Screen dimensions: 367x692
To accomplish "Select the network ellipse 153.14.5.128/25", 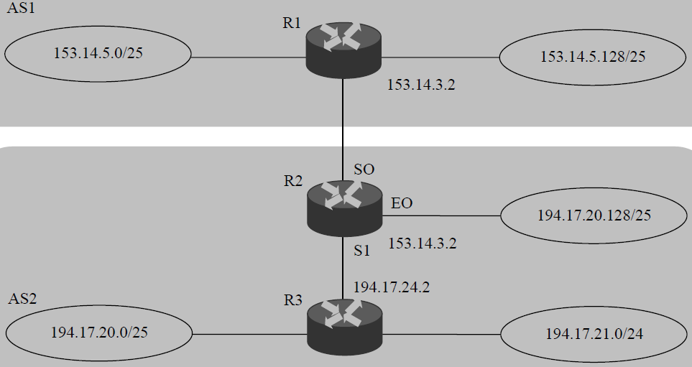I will click(592, 57).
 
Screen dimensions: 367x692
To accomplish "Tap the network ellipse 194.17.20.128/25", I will click(594, 215).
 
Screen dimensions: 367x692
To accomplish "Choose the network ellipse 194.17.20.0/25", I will click(98, 332).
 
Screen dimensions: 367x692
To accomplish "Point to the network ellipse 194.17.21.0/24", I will click(594, 334).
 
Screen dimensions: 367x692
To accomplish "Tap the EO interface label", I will click(401, 203).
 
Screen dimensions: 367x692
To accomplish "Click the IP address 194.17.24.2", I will click(391, 287).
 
